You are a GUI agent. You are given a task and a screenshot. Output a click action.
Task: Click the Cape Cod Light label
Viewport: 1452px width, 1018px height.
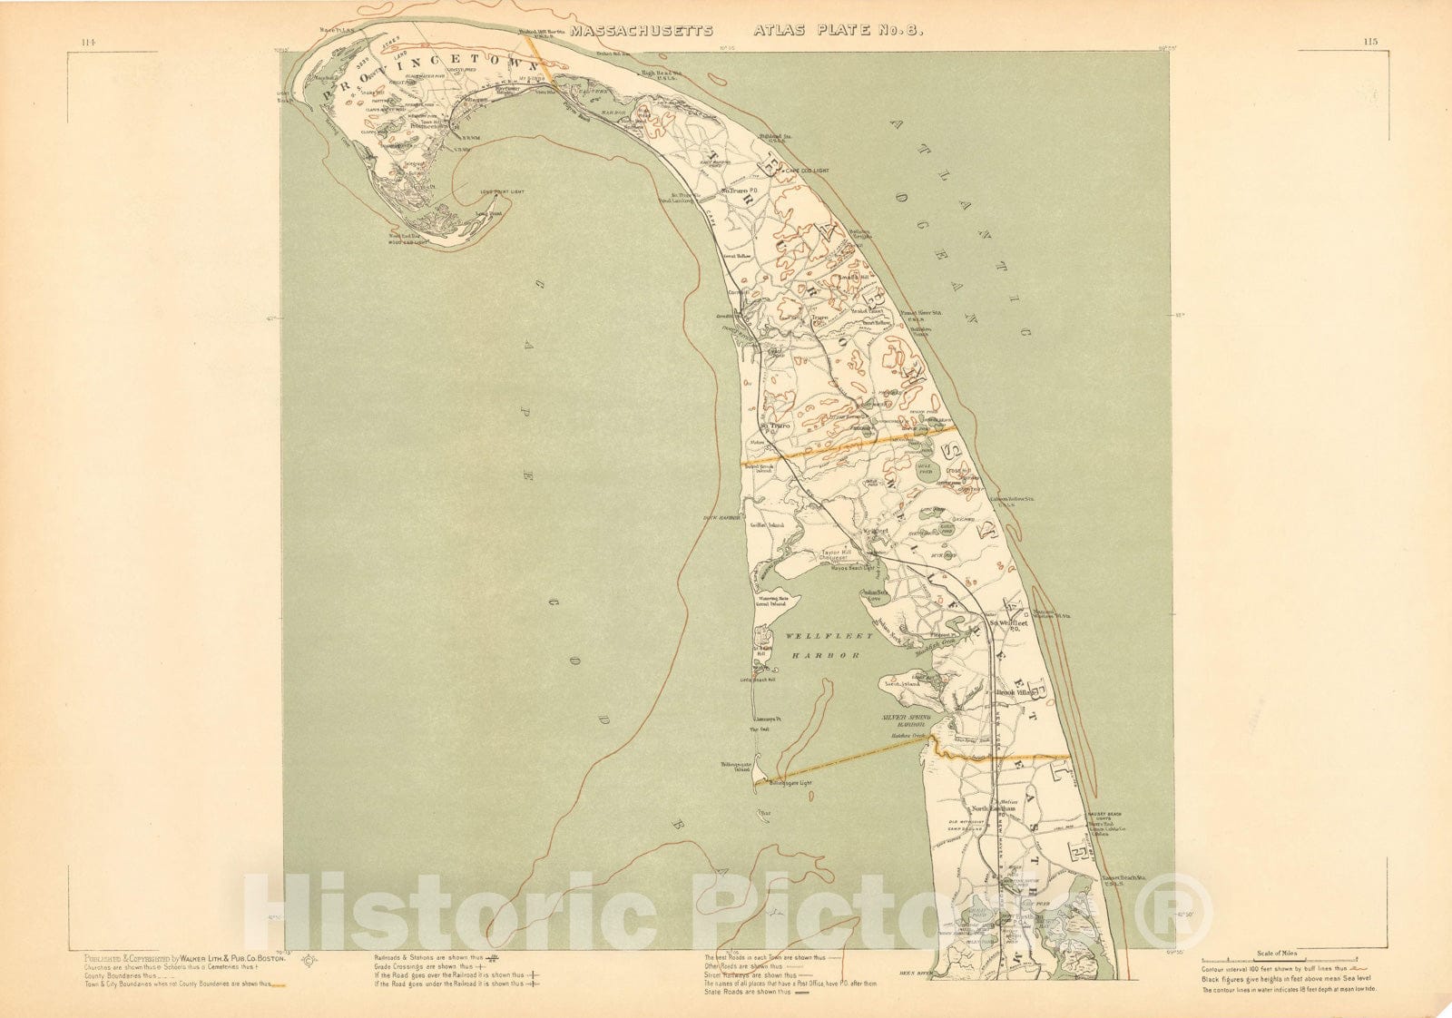[x=807, y=170]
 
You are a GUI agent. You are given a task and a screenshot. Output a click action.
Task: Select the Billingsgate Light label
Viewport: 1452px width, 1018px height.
[x=790, y=782]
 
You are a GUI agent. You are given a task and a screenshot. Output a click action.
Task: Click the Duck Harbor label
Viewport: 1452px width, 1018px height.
[x=722, y=518]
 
